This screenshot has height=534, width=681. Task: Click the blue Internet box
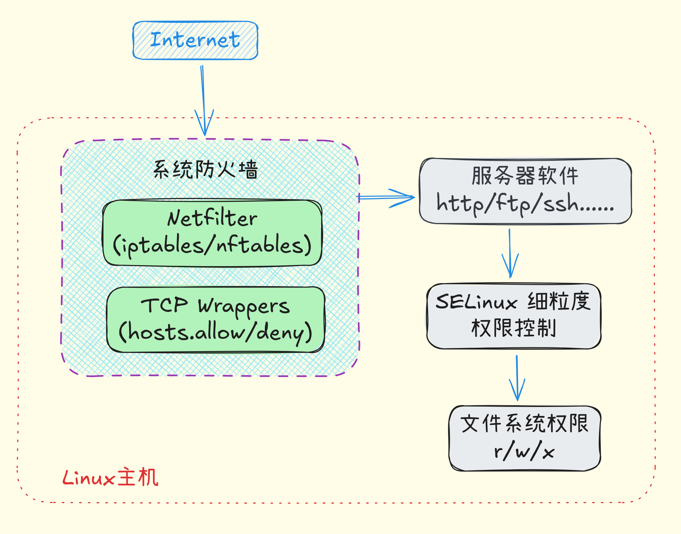pos(195,40)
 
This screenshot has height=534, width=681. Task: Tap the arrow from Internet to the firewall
pos(204,100)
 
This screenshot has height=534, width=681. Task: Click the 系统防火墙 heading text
pos(205,169)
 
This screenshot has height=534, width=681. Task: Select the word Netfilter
pos(212,218)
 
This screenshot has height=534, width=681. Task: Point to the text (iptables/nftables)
pos(212,245)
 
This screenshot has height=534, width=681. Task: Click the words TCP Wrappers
pos(215,306)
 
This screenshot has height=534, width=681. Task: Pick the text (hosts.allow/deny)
pos(215,333)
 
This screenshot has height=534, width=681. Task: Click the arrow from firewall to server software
pos(386,198)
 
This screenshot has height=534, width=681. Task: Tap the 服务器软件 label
pos(525,176)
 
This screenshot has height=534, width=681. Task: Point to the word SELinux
pos(476,302)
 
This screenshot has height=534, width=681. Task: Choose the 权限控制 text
pos(513,328)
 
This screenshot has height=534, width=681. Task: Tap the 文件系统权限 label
pos(524,423)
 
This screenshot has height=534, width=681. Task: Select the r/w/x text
pos(524,451)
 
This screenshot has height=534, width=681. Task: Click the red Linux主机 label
pos(110,478)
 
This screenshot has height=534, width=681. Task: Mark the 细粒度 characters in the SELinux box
pos(559,301)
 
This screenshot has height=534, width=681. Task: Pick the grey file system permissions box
pos(525,465)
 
